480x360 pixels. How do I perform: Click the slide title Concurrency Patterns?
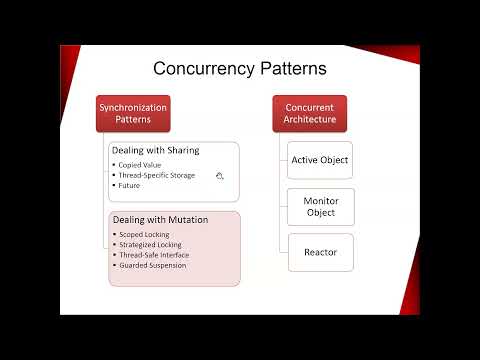click(x=240, y=69)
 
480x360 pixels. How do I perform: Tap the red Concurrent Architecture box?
click(x=309, y=113)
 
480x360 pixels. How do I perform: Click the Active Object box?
click(x=320, y=159)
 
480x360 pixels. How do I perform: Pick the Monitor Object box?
click(x=320, y=206)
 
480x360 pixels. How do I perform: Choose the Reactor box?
click(x=320, y=252)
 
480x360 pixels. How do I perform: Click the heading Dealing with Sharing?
click(x=155, y=150)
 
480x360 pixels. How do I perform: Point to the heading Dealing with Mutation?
click(x=158, y=220)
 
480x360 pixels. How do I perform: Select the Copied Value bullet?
click(x=139, y=165)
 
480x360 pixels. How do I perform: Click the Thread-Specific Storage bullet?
click(x=156, y=175)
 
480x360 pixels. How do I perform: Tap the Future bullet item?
click(x=130, y=185)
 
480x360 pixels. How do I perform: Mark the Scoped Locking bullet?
click(x=143, y=235)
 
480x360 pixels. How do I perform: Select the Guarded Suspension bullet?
click(x=151, y=265)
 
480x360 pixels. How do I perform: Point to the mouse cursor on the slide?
click(x=219, y=176)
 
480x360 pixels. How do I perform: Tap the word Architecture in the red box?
click(x=309, y=120)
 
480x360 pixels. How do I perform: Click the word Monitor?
click(x=320, y=200)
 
